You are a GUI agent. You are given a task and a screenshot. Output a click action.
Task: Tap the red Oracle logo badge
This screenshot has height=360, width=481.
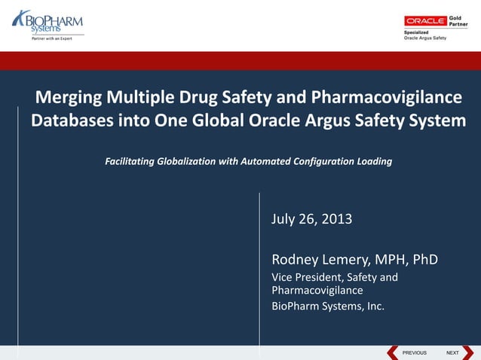click(x=425, y=20)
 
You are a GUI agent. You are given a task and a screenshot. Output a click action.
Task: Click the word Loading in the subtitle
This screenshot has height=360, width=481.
click(x=374, y=161)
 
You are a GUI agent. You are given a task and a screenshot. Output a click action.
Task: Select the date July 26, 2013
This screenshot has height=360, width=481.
click(x=311, y=219)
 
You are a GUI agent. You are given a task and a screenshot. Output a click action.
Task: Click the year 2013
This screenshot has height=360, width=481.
click(x=336, y=219)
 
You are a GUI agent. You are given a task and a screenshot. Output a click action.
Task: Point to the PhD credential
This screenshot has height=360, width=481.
click(x=424, y=260)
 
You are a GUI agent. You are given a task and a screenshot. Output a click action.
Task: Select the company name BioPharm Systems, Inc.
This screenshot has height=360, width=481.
click(x=327, y=306)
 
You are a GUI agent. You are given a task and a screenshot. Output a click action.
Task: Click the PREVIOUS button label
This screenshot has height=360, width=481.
click(x=414, y=352)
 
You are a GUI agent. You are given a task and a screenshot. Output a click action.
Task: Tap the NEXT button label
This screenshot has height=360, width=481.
click(x=452, y=352)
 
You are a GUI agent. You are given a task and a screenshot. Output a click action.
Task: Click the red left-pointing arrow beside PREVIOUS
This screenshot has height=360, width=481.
click(x=393, y=352)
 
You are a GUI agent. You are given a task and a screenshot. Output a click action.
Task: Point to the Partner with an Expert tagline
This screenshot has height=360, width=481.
click(x=51, y=38)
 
